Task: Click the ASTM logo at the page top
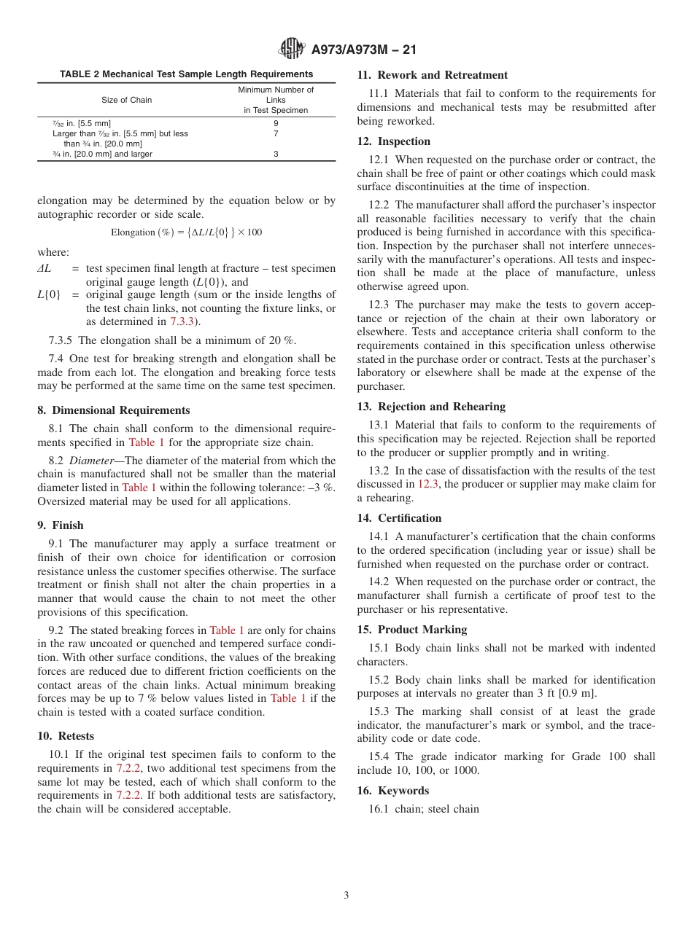click(292, 50)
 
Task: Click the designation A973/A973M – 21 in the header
click(363, 50)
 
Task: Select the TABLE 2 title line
click(186, 74)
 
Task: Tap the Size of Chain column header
click(127, 100)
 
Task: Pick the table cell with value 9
click(276, 123)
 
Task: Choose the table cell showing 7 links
click(276, 134)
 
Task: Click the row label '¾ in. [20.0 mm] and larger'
click(102, 154)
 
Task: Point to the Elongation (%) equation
click(186, 232)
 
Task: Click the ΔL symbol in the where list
click(44, 269)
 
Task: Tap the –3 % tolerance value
click(322, 488)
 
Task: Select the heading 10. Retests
click(66, 736)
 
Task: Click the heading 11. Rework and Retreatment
click(432, 75)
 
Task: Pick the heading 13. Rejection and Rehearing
click(430, 407)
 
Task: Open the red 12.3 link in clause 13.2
click(428, 484)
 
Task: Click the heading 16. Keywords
click(393, 791)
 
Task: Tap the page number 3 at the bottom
click(346, 896)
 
